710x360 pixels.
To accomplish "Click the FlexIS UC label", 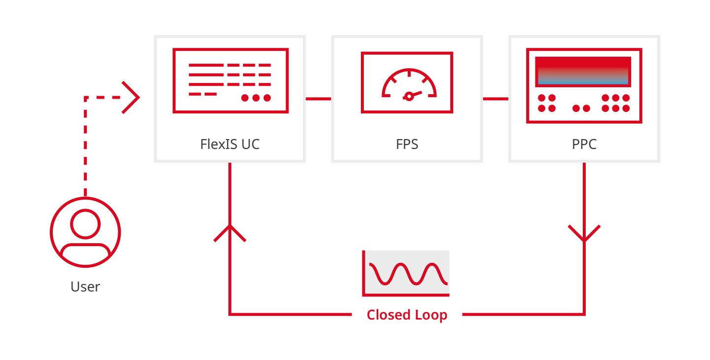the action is point(230,144).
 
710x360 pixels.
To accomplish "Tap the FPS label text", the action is point(407,144).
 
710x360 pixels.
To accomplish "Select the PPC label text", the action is point(584,144).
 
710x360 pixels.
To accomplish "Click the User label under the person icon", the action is point(85,287).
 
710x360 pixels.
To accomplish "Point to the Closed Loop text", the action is point(407,315).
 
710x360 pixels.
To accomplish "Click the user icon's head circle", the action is point(85,224).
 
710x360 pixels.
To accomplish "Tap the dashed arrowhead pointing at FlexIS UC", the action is point(131,97).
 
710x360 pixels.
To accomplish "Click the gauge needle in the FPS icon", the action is point(412,95).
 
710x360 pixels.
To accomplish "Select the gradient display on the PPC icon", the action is point(583,72).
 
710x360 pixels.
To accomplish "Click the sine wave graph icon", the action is point(406,274).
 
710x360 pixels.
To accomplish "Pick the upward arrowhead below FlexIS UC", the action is point(230,233).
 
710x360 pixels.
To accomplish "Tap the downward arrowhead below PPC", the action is point(584,234).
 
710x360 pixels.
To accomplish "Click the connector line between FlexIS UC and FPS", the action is point(318,99).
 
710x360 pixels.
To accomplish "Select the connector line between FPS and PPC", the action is point(496,99).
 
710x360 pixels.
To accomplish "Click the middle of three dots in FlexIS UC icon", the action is point(256,98).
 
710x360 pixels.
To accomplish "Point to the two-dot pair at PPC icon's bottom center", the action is point(581,108).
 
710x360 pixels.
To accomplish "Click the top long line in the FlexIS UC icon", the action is point(206,65).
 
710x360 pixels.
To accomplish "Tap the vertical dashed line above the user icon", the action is point(85,146).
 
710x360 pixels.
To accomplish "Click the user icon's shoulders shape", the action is point(85,253).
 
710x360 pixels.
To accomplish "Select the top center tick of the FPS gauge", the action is point(409,73).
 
